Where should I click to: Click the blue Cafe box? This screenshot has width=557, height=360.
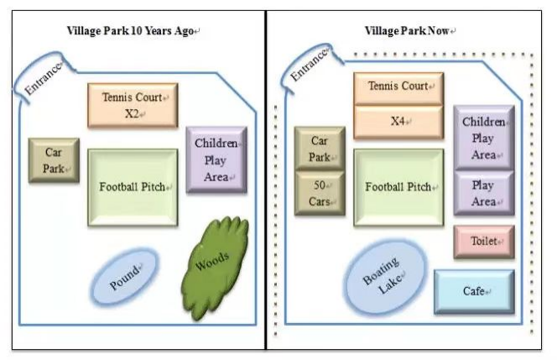[x=474, y=292]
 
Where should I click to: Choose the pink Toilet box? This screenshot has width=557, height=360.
[x=484, y=242]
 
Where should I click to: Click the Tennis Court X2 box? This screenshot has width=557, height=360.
[x=133, y=105]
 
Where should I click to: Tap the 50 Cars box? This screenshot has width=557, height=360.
[x=320, y=193]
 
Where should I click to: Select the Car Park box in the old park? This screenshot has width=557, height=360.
[x=55, y=160]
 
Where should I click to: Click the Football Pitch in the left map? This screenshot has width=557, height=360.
[x=133, y=187]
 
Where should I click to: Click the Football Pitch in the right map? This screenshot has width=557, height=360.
[x=398, y=187]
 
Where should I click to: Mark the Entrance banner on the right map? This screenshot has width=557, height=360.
[x=308, y=68]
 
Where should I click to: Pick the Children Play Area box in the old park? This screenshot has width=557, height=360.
[x=216, y=159]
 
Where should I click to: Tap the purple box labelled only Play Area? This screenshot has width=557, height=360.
[x=483, y=193]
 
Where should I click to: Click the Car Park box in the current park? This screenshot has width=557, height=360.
[x=320, y=148]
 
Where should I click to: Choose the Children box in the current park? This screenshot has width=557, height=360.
[x=483, y=136]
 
